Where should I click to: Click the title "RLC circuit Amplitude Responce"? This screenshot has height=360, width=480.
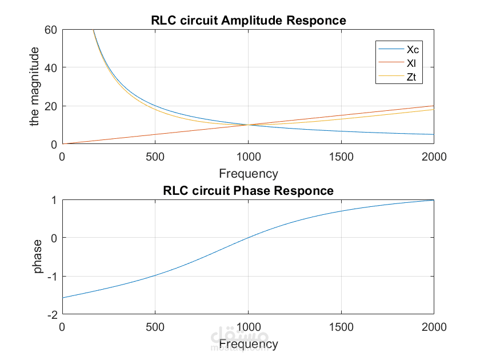point(248,21)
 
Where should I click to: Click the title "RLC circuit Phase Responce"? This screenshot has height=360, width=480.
point(248,190)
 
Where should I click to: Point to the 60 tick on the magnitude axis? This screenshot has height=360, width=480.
point(51,29)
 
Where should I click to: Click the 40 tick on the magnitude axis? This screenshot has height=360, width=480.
point(51,67)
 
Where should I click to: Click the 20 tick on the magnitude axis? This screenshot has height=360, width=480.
point(51,106)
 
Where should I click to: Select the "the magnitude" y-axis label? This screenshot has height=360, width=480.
point(35,87)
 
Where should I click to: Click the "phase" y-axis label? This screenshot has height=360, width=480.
point(38,257)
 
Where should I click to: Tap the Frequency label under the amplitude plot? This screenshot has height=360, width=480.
point(248,174)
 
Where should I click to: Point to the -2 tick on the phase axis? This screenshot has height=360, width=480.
point(51,314)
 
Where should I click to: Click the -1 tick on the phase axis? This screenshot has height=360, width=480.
point(51,276)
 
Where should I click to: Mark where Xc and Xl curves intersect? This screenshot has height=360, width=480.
point(248,125)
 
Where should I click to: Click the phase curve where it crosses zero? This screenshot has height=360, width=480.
point(248,237)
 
